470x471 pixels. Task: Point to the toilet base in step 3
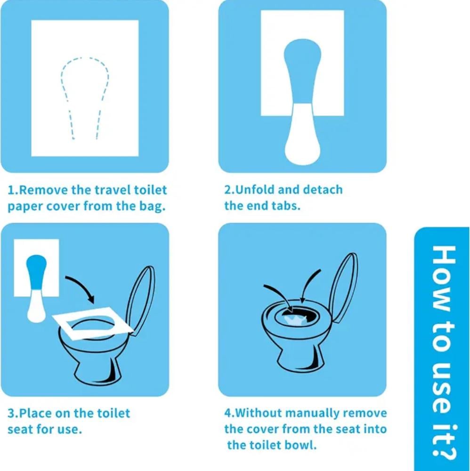click(97, 373)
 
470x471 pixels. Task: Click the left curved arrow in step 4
click(279, 296)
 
